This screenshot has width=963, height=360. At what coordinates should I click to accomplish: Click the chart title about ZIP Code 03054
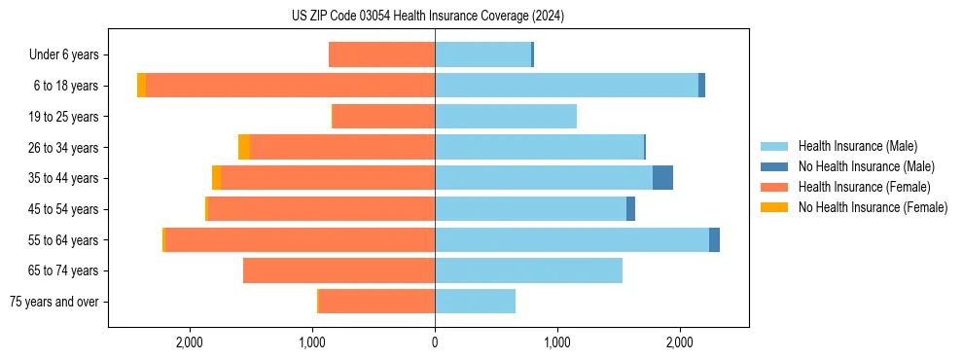428,16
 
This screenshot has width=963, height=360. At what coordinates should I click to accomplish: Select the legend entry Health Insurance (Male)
857,146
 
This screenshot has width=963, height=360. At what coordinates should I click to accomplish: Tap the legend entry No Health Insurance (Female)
873,207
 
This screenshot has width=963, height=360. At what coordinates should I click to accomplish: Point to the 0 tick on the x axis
435,342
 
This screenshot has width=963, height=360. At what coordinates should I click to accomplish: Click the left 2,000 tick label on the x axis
190,342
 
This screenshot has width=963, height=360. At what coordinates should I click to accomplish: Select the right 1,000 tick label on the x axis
557,342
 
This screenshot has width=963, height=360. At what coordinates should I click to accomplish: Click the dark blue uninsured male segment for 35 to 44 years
662,178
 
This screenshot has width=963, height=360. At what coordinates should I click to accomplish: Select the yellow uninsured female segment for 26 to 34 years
244,147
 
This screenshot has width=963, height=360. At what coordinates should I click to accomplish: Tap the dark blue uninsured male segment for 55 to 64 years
714,239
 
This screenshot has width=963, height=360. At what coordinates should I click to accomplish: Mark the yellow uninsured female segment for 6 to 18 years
142,86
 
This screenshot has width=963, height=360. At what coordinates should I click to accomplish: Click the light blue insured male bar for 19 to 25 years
506,117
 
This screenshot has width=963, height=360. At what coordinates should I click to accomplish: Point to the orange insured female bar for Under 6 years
381,55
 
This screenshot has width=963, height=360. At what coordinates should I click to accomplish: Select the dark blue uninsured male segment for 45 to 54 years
630,209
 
